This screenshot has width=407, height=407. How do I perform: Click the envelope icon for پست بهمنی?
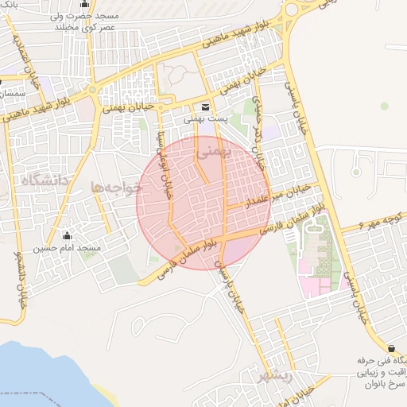click(206, 107)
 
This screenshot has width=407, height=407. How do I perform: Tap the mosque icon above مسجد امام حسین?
click(67, 235)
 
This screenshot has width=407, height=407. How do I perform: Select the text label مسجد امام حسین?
click(67, 248)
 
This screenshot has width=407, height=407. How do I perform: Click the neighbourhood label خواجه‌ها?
click(116, 188)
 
